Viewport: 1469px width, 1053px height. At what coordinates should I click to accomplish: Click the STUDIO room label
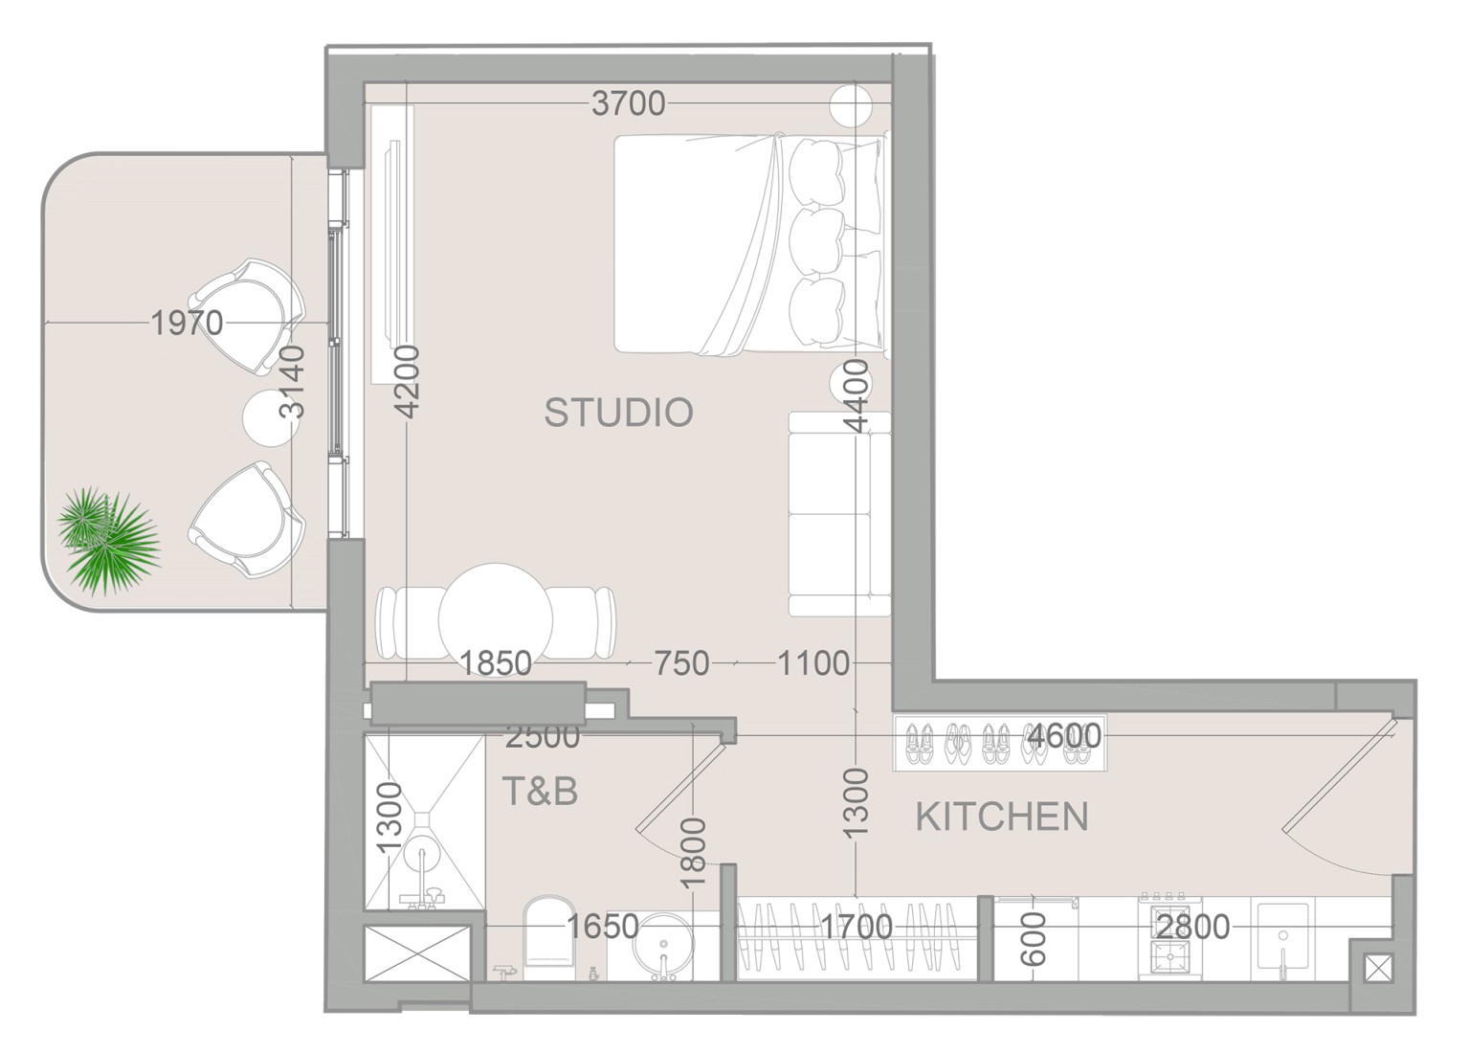(618, 412)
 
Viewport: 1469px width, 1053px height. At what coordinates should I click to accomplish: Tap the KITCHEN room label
(1002, 817)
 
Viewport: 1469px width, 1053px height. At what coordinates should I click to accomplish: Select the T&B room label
(540, 791)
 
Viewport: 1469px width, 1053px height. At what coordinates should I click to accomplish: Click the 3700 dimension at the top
(628, 103)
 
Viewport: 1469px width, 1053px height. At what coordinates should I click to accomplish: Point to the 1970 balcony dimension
(187, 323)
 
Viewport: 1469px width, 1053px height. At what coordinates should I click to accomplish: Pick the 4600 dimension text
(1064, 736)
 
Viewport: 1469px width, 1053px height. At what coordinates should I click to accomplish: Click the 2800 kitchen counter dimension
(1193, 927)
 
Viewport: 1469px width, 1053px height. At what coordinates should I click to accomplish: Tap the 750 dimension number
(682, 664)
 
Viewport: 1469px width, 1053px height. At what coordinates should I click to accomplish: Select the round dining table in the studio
(495, 620)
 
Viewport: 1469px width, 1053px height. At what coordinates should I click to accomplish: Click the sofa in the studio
(839, 514)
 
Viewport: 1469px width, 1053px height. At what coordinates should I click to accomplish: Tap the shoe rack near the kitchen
(1000, 743)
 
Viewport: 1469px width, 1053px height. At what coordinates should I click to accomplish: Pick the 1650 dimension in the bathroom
(603, 927)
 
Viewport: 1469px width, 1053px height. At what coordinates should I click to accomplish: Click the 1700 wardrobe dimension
(857, 927)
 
